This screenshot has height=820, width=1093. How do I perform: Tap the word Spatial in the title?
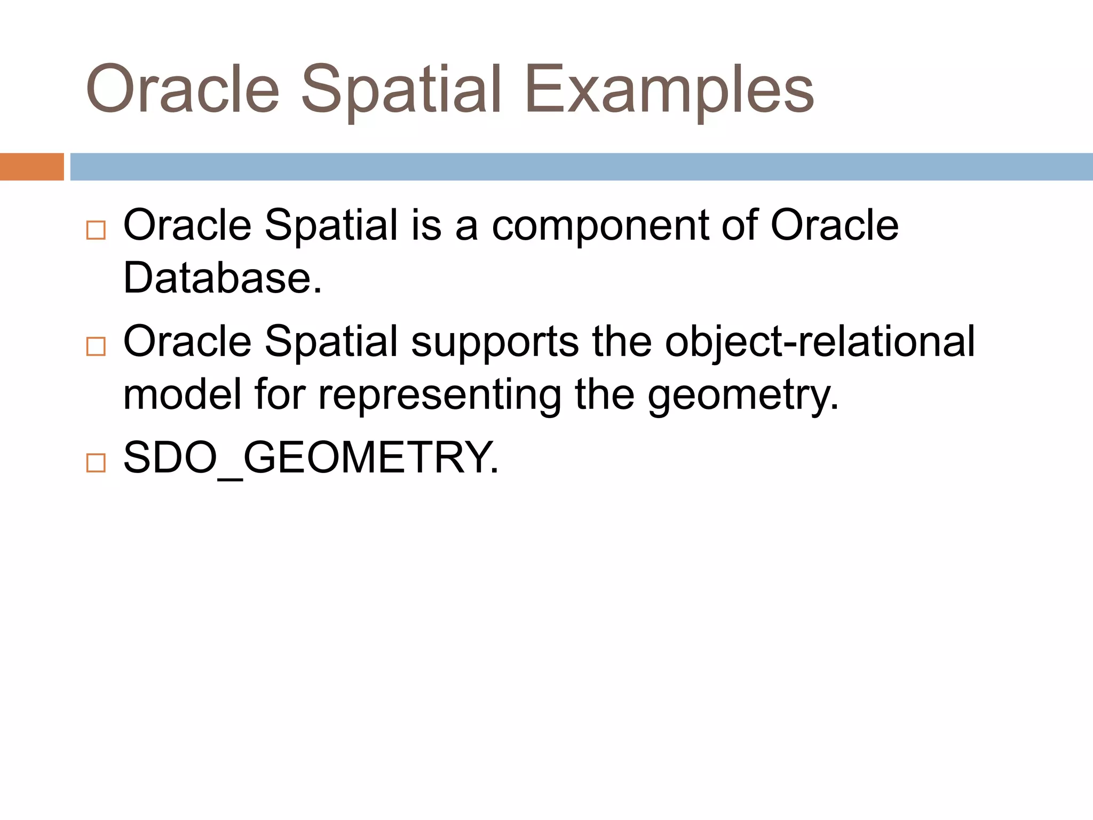pos(401,90)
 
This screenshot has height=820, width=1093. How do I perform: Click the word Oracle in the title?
pos(183,90)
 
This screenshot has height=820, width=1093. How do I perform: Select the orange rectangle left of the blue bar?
pos(31,167)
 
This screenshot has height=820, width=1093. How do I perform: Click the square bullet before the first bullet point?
pos(96,230)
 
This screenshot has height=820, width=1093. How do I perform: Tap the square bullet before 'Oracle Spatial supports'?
pos(96,346)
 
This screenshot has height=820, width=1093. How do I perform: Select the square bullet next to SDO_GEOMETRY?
pos(96,462)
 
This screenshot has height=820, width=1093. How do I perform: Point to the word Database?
pos(223,278)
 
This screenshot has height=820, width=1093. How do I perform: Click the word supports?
pos(494,342)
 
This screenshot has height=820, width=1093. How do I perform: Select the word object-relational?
pos(820,342)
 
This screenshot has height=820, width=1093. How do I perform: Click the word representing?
pos(439,395)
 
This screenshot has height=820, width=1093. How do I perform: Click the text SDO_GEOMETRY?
pos(311,458)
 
